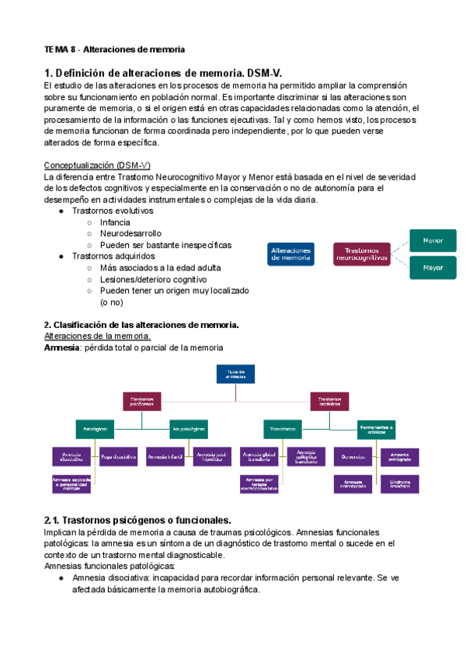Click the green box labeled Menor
click(433, 240)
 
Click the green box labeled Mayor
click(433, 268)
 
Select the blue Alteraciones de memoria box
click(291, 254)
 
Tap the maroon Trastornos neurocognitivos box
click(362, 254)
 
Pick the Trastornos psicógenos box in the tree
click(142, 401)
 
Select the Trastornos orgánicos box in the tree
click(329, 401)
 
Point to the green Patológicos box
click(96, 428)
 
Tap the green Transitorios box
click(283, 428)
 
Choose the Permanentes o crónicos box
click(376, 428)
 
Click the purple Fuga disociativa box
click(119, 456)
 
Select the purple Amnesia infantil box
click(165, 456)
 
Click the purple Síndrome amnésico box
click(399, 483)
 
